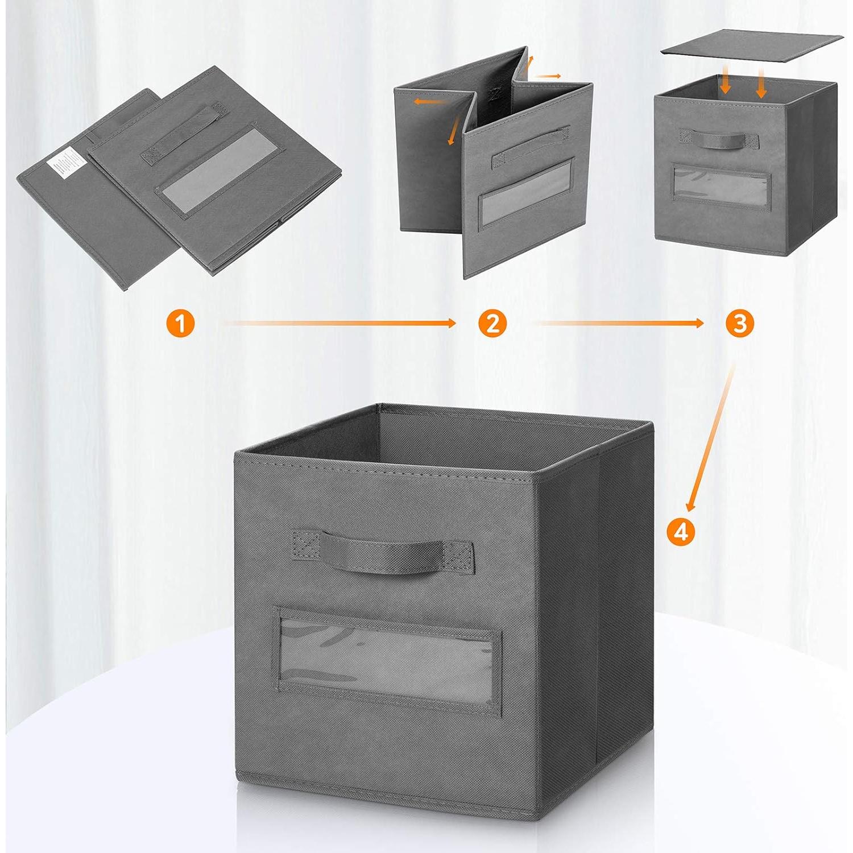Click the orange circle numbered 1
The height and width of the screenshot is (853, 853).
point(181,324)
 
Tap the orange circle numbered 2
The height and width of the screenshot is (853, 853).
point(492,324)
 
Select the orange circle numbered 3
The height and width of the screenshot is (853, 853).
point(740,324)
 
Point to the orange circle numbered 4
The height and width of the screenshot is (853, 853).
point(681,532)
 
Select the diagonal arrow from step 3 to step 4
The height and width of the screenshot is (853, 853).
point(711,438)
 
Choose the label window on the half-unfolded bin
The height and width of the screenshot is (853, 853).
point(526,193)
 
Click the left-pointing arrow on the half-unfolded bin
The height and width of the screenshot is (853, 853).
point(430,102)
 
